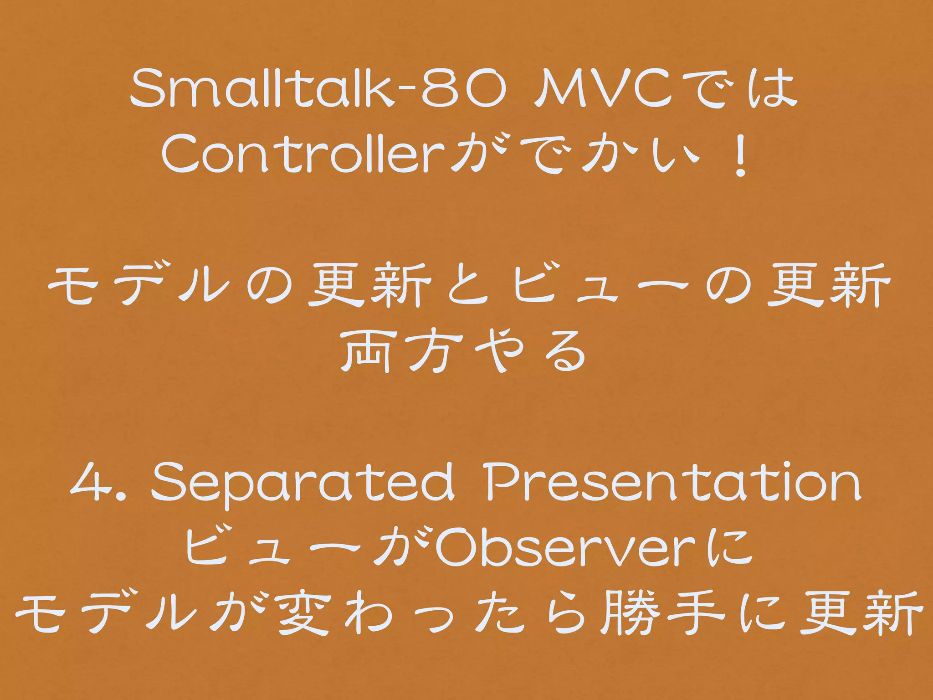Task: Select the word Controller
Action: (301, 154)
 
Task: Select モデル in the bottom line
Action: (109, 613)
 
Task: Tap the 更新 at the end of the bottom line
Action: (861, 613)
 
